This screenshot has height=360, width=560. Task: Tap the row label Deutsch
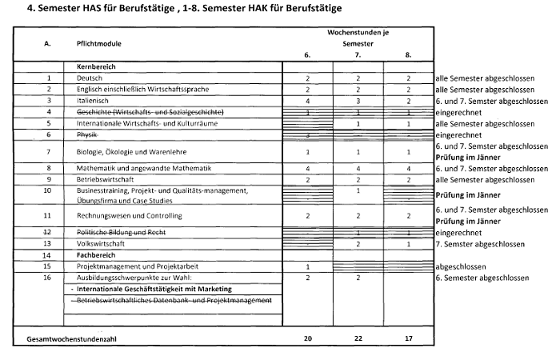click(x=90, y=78)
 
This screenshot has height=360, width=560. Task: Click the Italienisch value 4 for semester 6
click(x=307, y=101)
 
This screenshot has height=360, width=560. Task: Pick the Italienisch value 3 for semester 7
click(x=358, y=101)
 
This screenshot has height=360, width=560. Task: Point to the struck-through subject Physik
click(x=89, y=135)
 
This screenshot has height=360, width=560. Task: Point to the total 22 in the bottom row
click(x=358, y=338)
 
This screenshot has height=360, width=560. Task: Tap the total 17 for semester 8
click(x=408, y=338)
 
